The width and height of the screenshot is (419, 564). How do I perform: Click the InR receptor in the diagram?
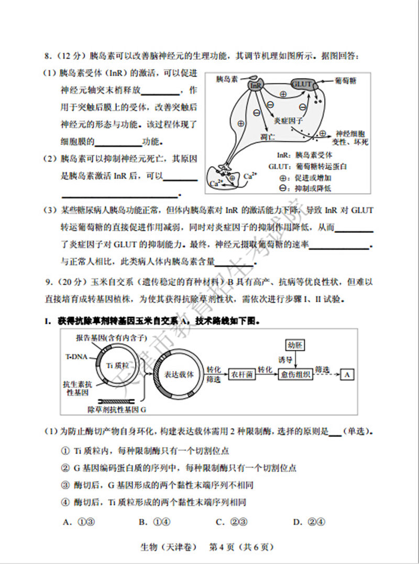click(x=256, y=85)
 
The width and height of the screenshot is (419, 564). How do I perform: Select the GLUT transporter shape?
click(x=302, y=84)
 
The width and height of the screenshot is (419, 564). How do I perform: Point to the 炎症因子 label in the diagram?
click(x=289, y=120)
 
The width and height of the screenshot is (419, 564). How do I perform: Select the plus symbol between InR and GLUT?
click(x=283, y=94)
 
